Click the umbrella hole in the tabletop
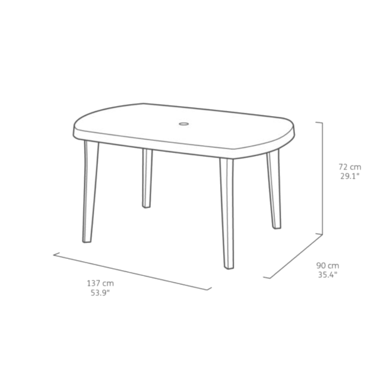(184, 124)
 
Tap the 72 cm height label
(350, 167)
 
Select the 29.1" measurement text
(350, 176)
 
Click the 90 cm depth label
(327, 266)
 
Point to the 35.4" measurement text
(327, 275)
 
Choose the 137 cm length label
(100, 283)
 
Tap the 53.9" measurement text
(100, 293)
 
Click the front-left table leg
(90, 191)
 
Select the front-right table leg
(227, 213)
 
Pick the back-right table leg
(273, 189)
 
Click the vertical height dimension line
(322, 178)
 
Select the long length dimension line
(132, 272)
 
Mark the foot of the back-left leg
(146, 207)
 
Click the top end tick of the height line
(319, 122)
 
